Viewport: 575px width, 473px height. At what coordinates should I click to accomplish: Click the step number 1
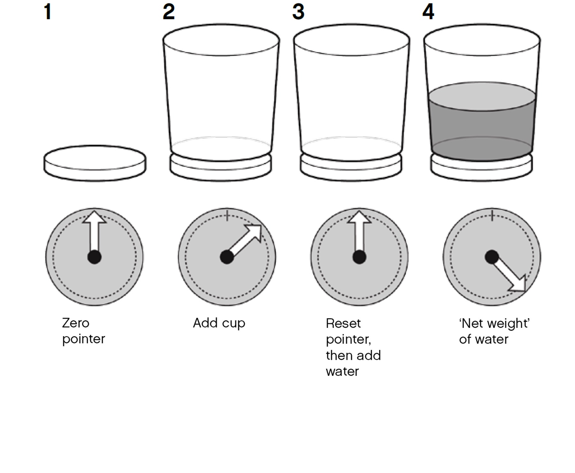tap(48, 12)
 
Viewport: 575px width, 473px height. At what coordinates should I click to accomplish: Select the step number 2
tap(169, 12)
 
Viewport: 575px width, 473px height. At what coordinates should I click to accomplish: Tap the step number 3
tap(298, 12)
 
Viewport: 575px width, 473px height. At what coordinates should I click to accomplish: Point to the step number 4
tap(428, 12)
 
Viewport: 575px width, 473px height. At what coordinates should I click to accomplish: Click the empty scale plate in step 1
tap(95, 163)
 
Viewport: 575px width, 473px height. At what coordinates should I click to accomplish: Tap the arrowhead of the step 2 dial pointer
tap(254, 231)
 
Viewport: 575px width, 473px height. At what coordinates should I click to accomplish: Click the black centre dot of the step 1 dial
tap(94, 257)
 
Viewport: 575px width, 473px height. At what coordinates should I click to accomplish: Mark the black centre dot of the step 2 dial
tap(227, 257)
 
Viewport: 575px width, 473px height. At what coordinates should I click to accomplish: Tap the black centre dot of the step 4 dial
tap(492, 257)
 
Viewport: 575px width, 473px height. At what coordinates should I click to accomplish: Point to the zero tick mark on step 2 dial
tap(227, 216)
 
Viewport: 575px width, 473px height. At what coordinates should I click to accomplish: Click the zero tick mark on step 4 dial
tap(492, 216)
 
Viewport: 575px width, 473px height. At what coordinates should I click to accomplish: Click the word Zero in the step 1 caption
tap(75, 323)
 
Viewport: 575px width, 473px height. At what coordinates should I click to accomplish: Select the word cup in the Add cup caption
tap(234, 324)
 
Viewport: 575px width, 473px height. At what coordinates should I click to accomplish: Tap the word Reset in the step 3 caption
tap(343, 323)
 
